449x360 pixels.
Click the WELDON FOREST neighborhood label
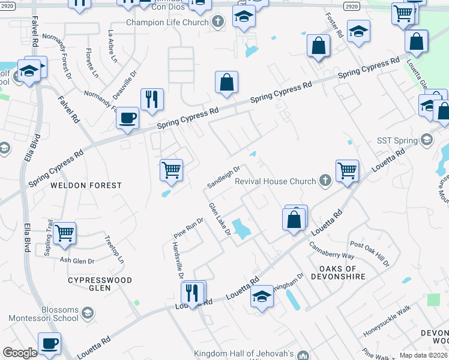pyautogui.click(x=86, y=186)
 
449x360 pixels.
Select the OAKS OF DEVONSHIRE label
pyautogui.click(x=330, y=273)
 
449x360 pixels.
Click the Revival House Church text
pyautogui.click(x=275, y=181)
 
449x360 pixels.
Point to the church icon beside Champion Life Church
pyautogui.click(x=218, y=22)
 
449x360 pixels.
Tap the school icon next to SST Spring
pyautogui.click(x=427, y=140)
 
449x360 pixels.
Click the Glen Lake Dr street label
pyautogui.click(x=220, y=219)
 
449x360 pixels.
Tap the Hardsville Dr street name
pyautogui.click(x=177, y=261)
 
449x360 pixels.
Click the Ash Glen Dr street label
pyautogui.click(x=77, y=260)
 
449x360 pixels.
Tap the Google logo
pyautogui.click(x=20, y=353)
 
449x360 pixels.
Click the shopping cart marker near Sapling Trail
pyautogui.click(x=64, y=233)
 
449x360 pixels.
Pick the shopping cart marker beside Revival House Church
pyautogui.click(x=347, y=170)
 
